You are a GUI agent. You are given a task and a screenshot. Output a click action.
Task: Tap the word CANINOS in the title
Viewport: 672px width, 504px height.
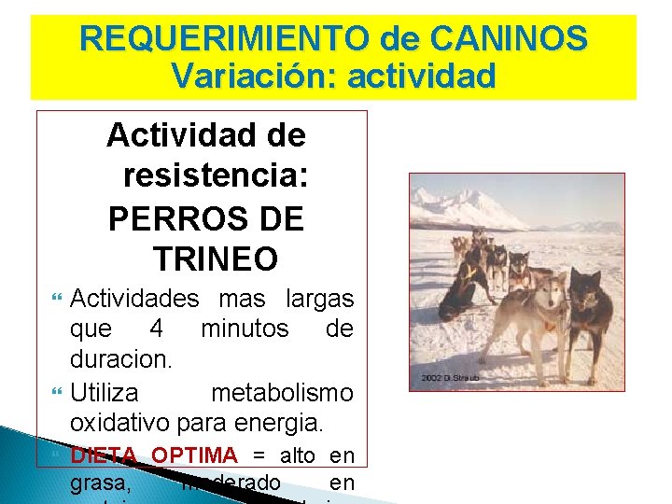pos(511,39)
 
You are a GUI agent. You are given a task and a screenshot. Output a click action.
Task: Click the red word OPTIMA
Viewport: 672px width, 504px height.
pos(194,455)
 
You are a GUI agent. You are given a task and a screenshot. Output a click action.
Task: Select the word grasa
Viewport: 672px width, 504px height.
pos(96,484)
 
